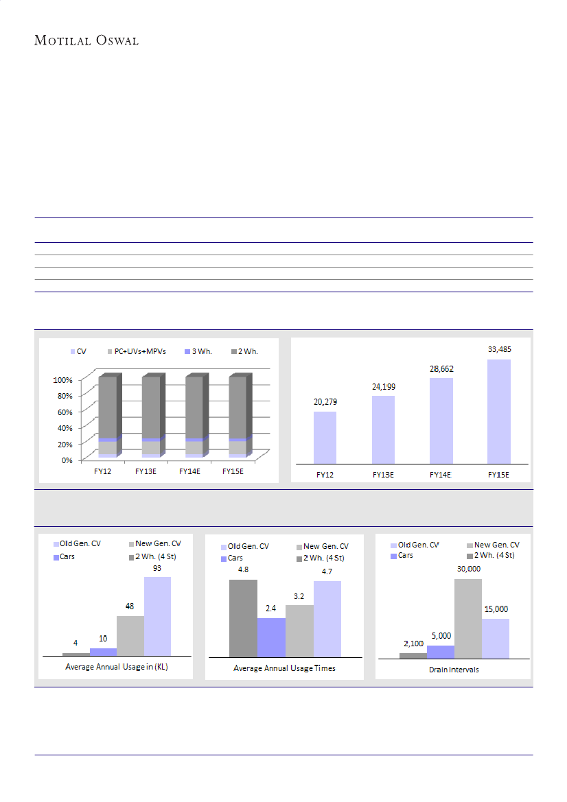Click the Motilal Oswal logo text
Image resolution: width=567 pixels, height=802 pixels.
(86, 40)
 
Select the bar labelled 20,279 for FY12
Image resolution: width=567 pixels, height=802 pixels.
(325, 437)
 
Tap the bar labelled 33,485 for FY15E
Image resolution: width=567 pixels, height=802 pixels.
(499, 411)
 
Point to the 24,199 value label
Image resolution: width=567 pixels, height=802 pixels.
(384, 387)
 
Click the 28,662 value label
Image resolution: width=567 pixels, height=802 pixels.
(441, 369)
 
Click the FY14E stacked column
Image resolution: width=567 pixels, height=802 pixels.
(194, 416)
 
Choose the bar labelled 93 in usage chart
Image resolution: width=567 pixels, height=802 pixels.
(157, 615)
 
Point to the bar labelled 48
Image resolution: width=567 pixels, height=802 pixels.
(130, 635)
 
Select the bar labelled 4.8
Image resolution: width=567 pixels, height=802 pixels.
(243, 618)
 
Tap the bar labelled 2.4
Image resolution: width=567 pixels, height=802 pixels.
(271, 637)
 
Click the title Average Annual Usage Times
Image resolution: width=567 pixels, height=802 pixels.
(284, 668)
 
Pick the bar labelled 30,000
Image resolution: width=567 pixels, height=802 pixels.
(467, 618)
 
